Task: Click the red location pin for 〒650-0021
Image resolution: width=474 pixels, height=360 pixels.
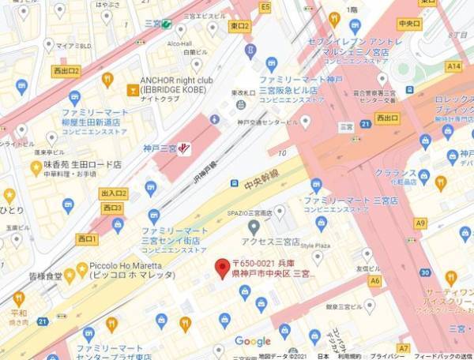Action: [224, 267]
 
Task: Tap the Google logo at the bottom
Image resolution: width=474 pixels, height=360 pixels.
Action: [253, 341]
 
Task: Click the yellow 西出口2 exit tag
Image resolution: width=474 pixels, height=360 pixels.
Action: [66, 71]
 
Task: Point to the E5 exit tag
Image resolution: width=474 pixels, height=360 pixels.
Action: [265, 7]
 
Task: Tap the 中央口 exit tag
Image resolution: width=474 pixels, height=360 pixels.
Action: [409, 24]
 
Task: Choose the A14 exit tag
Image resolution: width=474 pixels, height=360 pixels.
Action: [453, 67]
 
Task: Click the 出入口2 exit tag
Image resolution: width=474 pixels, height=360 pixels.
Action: [113, 193]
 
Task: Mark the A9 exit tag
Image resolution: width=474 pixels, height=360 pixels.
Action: [419, 223]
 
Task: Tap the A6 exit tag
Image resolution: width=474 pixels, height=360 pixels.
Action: [374, 280]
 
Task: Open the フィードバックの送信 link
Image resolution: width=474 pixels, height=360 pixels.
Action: [442, 355]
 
